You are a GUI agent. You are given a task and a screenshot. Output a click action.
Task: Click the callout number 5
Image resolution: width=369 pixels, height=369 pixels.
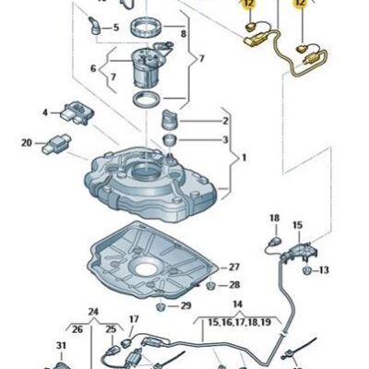115,28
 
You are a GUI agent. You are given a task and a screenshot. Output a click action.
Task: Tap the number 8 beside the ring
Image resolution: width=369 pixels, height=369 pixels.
183,34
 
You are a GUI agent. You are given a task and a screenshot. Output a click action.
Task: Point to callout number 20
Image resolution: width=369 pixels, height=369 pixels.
26,142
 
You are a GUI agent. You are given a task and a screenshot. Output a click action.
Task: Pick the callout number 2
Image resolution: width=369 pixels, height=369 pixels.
224,121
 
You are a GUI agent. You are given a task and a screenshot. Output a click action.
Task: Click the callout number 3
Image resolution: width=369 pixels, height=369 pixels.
224,139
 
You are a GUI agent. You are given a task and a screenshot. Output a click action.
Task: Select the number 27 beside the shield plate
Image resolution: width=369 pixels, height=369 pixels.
234,266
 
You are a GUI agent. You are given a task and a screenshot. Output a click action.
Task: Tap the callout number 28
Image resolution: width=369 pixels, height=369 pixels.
234,285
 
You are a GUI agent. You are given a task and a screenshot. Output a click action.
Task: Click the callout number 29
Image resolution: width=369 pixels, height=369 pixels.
186,304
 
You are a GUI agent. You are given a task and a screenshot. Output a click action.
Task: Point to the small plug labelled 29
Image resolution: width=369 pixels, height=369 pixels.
162,304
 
